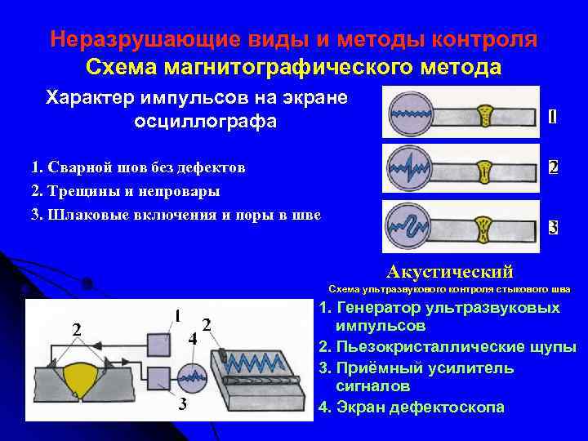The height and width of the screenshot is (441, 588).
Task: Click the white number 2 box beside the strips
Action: pos(553,167)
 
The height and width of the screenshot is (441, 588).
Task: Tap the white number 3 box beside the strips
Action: pos(553,227)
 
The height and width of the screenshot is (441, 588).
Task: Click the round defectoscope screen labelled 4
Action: pos(194,378)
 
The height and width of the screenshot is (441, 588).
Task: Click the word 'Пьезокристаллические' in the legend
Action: pos(416,347)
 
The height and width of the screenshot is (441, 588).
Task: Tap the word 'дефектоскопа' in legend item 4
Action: pos(458,407)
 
